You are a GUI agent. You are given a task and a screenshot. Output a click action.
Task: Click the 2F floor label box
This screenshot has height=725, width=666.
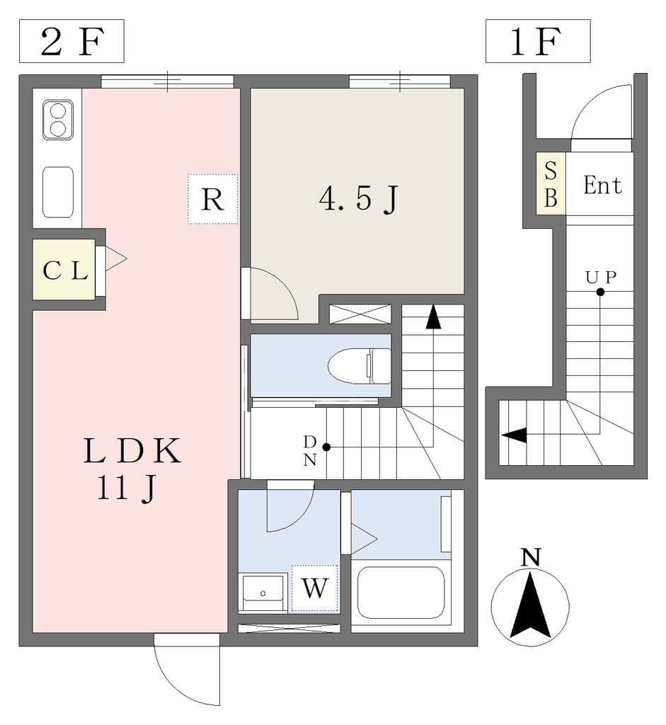click(71, 41)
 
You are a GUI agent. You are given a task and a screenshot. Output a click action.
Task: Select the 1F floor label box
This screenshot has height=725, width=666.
click(538, 41)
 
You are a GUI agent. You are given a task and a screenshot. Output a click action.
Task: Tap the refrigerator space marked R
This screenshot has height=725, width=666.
click(212, 199)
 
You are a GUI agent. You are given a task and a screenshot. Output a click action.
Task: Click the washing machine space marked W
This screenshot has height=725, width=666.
click(315, 588)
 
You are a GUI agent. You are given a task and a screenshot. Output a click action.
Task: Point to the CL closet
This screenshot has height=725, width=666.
click(64, 270)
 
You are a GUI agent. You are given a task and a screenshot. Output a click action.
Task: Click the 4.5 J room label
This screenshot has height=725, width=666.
click(359, 199)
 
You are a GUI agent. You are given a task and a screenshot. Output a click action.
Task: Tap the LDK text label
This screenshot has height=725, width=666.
click(132, 451)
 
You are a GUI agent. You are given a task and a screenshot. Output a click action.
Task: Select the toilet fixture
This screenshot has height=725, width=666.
click(359, 366)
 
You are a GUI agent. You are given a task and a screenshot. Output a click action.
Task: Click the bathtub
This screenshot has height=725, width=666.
click(401, 593)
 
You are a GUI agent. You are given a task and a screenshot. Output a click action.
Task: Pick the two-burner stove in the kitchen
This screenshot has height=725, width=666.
click(58, 120)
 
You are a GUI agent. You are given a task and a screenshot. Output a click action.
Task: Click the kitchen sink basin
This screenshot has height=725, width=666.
click(58, 192)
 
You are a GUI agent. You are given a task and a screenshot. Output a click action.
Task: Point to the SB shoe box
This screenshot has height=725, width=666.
click(551, 183)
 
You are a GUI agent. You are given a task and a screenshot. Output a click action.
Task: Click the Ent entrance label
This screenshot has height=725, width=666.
click(602, 185)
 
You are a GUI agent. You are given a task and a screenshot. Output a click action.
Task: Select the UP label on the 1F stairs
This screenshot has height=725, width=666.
click(601, 277)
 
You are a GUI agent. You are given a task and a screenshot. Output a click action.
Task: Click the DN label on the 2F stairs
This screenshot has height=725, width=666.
click(310, 451)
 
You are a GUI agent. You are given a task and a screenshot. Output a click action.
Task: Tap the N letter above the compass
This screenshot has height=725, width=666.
click(531, 558)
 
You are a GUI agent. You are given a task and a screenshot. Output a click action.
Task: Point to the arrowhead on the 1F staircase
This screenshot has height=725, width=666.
click(514, 435)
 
